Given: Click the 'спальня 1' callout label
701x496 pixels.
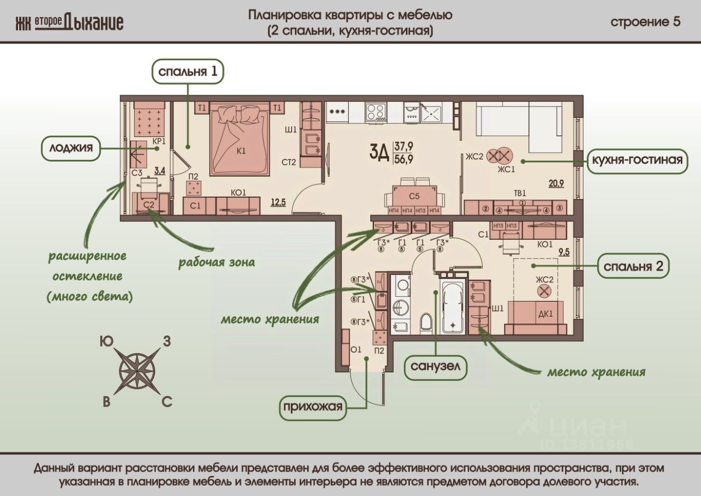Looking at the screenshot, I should click(188, 72).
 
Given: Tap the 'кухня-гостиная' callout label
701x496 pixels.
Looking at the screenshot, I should click(637, 160).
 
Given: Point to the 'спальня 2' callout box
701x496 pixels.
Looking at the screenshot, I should click(633, 267).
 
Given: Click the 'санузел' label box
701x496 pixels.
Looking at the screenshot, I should click(435, 368).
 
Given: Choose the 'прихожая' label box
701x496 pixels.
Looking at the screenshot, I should click(313, 407).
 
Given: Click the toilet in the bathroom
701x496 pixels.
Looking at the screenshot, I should click(426, 322).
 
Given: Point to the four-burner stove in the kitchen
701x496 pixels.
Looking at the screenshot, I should click(377, 112).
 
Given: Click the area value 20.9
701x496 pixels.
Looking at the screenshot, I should click(556, 183).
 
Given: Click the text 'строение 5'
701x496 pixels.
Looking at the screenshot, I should click(645, 22).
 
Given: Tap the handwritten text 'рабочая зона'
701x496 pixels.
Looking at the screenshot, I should click(216, 262).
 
